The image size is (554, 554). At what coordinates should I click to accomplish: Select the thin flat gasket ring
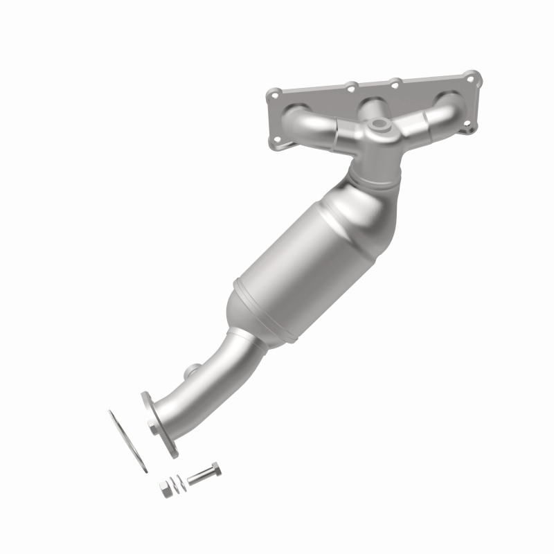[127, 441]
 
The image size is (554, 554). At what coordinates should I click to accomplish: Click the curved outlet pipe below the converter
[222, 377]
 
